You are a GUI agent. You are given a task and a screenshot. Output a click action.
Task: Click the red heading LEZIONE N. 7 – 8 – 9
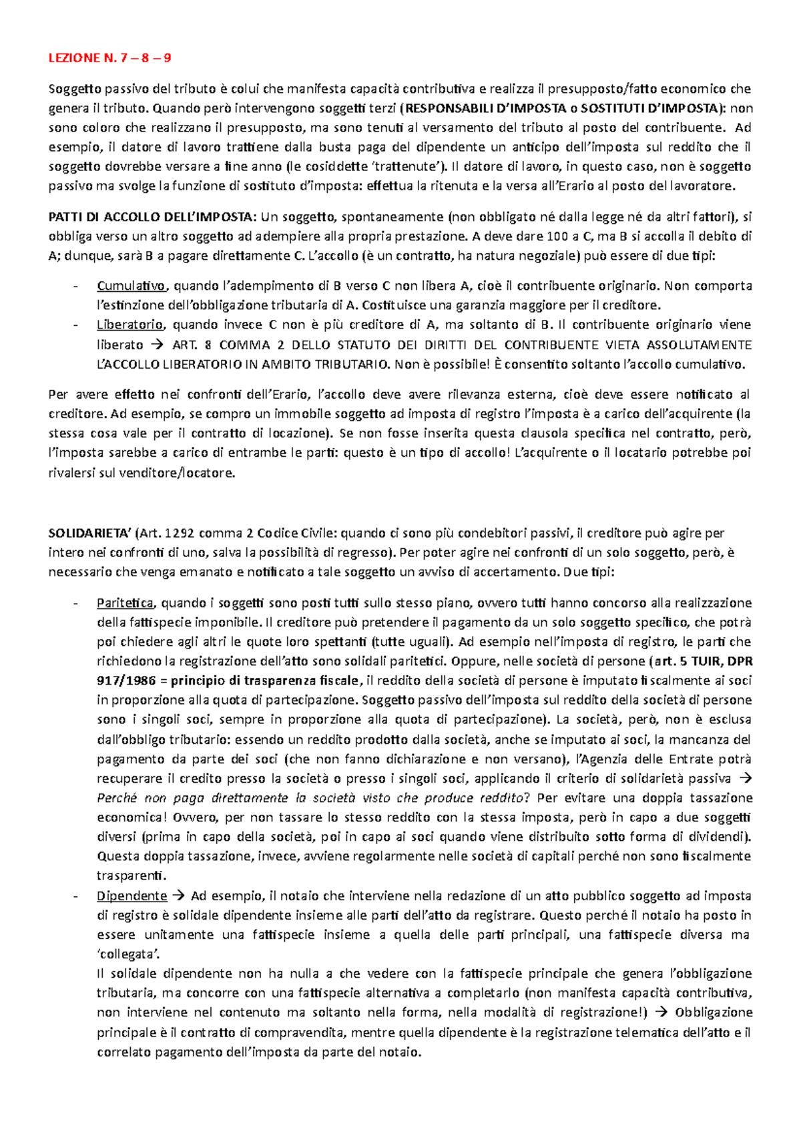(x=109, y=58)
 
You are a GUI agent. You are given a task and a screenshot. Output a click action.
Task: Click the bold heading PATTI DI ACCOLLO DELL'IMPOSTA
(x=152, y=216)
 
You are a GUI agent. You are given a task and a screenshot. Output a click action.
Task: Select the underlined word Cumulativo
(x=131, y=286)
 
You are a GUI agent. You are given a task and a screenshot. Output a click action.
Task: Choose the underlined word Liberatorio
(x=130, y=325)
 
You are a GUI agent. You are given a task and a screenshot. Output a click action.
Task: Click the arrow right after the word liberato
(x=158, y=345)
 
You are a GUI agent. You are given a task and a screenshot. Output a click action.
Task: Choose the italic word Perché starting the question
(x=117, y=798)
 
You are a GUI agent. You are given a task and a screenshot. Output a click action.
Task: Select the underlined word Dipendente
(x=131, y=896)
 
